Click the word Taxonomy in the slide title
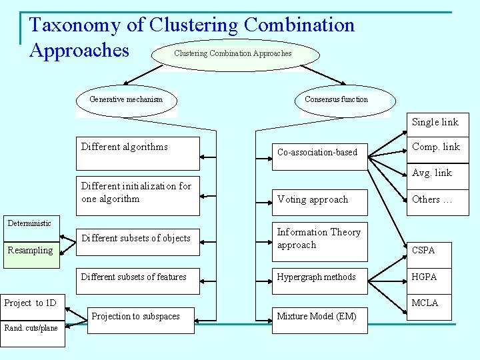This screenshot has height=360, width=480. pos(75,25)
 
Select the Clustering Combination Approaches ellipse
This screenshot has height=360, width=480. pos(233,53)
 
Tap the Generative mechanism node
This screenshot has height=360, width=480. pos(126,100)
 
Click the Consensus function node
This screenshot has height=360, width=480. pos(336,100)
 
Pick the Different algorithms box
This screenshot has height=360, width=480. pos(139,153)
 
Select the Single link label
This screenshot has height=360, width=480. pos(435,122)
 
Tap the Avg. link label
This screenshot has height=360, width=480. pos(432,173)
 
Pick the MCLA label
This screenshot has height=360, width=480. pos(425,303)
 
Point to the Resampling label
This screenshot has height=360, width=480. pos(30,251)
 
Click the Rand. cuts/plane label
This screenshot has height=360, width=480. pos(32,328)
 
